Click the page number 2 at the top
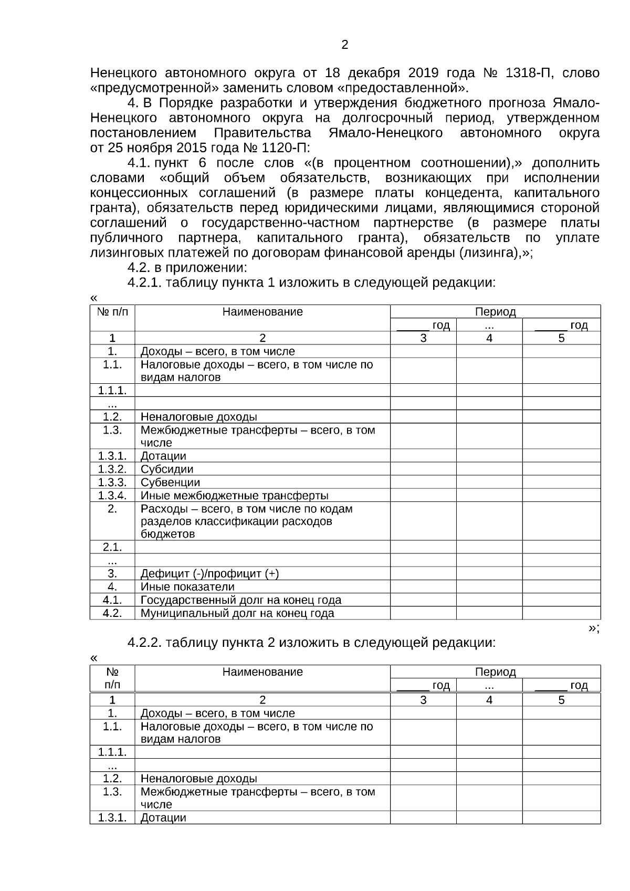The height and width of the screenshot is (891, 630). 344,45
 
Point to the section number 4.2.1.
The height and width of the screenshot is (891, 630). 144,283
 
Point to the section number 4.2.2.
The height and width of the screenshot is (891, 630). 144,642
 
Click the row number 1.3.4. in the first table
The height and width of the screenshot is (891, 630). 112,495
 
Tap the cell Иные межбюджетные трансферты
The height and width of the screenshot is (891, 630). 234,495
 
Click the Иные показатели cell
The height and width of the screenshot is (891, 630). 187,586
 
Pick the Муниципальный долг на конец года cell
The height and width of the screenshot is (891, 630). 237,613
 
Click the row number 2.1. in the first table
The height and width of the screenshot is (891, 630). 112,547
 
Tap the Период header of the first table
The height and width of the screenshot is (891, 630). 495,312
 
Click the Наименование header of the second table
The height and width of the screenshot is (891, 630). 262,672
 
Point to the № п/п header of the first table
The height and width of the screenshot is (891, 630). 112,312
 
